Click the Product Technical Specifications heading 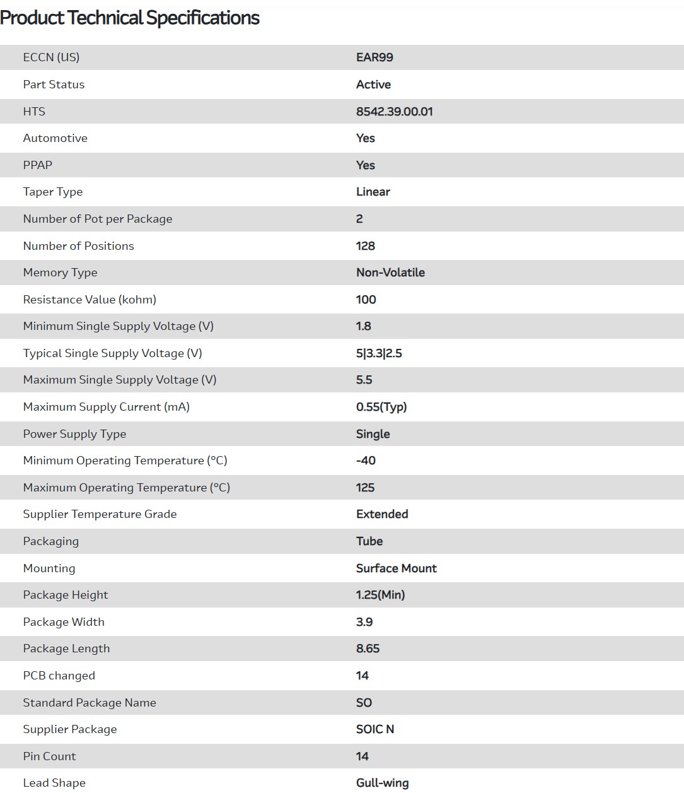pos(130,18)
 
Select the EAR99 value pos(374,57)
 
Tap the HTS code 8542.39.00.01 pos(394,112)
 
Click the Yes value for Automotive pos(365,138)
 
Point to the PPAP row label pos(38,165)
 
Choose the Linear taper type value pos(373,192)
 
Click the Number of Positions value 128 pos(365,246)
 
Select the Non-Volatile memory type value pos(390,273)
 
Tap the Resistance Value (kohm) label pos(90,300)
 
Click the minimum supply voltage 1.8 pos(363,326)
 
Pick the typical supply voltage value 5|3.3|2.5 pos(378,353)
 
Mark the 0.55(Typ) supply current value pos(381,407)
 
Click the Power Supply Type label pos(74,434)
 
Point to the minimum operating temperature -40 pos(366,461)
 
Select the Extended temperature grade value pos(382,514)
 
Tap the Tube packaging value pos(369,541)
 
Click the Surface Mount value pos(396,568)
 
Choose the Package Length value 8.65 pos(368,649)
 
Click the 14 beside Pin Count pos(362,756)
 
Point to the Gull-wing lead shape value pos(382,783)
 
